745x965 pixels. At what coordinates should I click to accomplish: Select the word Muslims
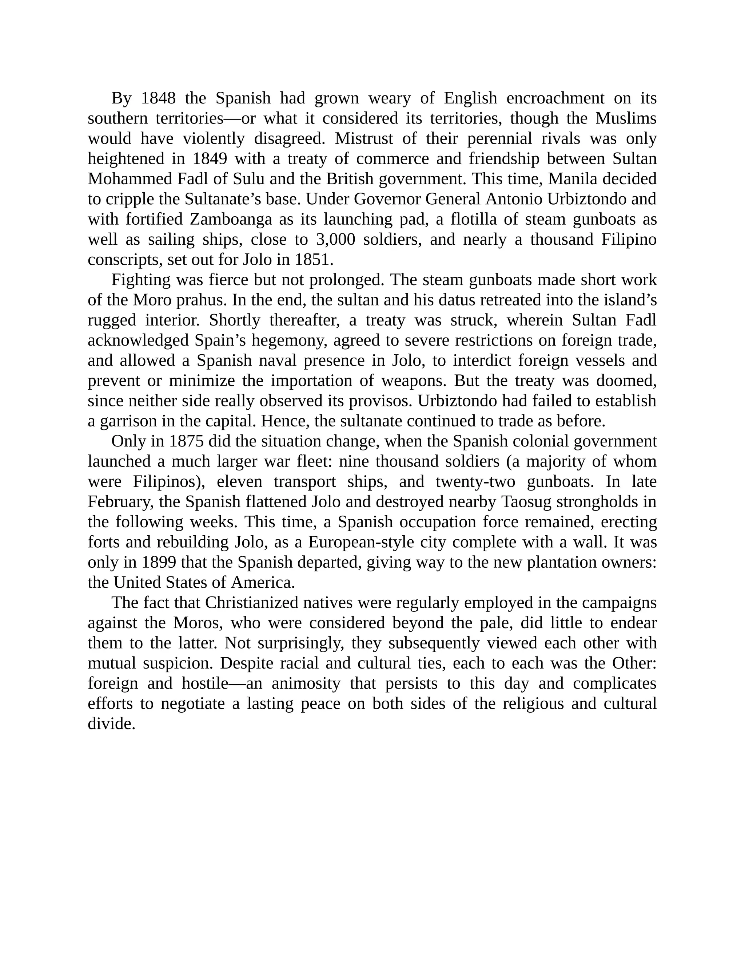click(x=626, y=118)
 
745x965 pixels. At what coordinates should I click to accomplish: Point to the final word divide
click(x=111, y=724)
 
